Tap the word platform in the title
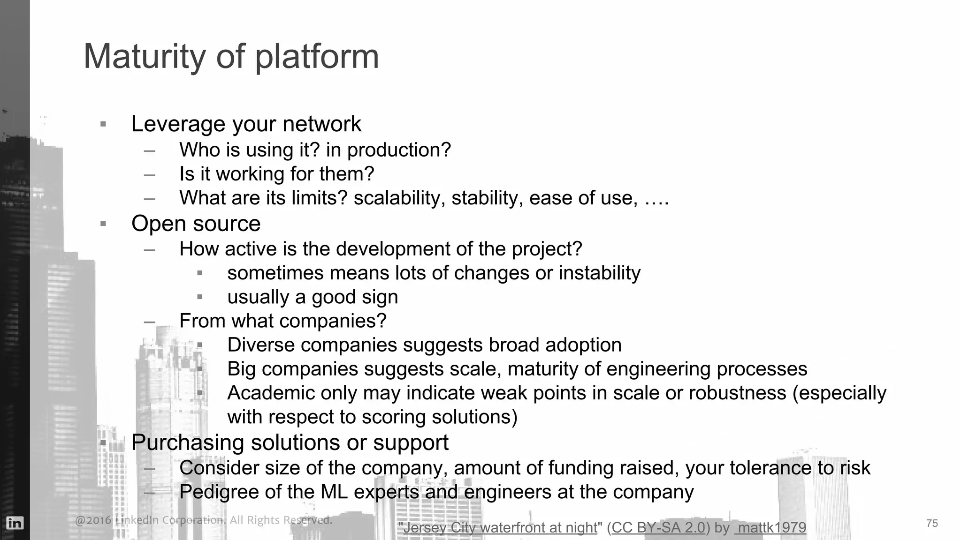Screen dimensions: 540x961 pos(317,57)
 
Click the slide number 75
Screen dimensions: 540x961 pos(932,523)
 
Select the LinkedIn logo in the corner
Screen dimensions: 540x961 pos(15,523)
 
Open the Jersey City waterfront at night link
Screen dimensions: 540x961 pos(500,528)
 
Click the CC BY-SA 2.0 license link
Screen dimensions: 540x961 pos(658,528)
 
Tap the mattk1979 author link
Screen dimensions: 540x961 pos(771,528)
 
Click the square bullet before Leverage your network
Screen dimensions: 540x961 pos(103,125)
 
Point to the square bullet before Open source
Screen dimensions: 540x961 pos(103,224)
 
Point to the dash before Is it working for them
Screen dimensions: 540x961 pos(150,175)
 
